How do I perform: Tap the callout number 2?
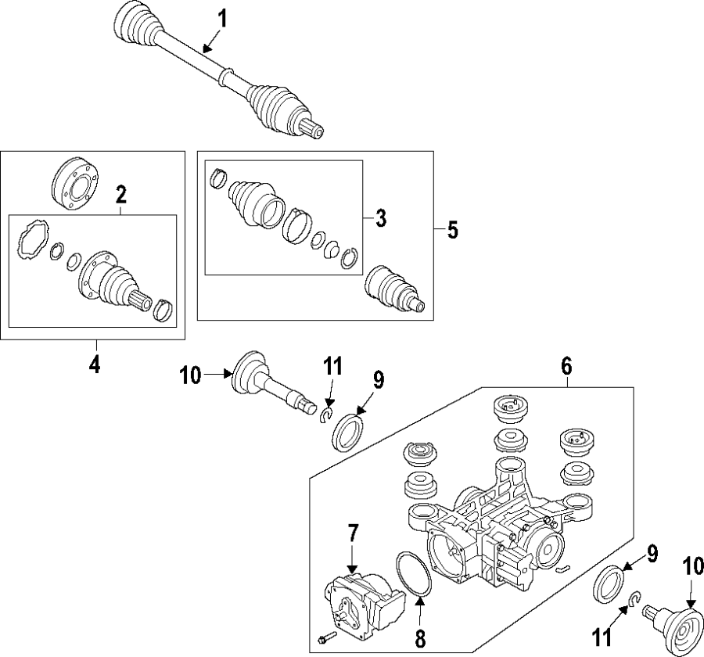click(121, 192)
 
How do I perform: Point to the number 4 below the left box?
click(94, 364)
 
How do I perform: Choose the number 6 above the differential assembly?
click(566, 365)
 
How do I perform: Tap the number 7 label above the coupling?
click(352, 536)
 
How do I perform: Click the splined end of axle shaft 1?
click(314, 128)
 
